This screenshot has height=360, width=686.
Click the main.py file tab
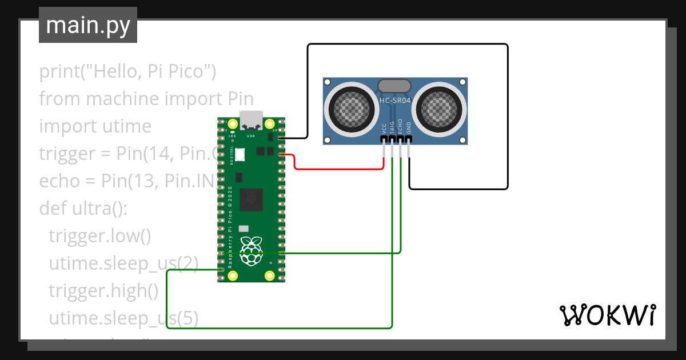(87, 26)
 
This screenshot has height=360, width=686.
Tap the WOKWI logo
(607, 315)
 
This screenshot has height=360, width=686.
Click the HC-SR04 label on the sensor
(395, 101)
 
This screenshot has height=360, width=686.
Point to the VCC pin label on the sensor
(384, 129)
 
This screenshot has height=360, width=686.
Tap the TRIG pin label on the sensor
(392, 128)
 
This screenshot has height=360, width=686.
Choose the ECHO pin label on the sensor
(400, 127)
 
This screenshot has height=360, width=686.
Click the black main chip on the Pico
(252, 199)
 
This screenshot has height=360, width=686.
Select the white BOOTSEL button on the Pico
(240, 154)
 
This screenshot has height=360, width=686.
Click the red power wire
(337, 169)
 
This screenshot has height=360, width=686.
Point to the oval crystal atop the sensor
(394, 86)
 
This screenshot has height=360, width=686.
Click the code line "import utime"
(95, 126)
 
